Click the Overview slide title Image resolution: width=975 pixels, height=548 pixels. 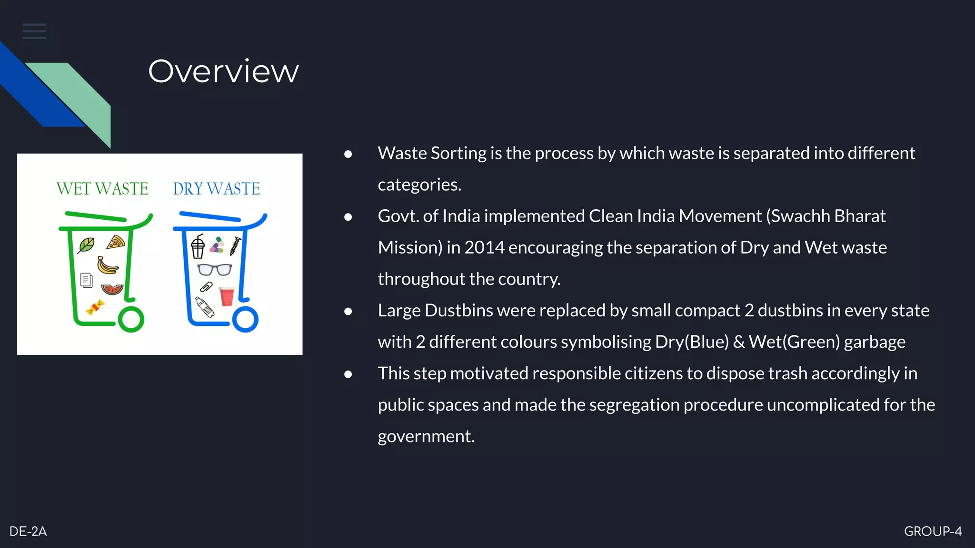click(223, 71)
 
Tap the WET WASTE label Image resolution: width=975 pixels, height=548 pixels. click(102, 189)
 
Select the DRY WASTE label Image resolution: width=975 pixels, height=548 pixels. click(216, 189)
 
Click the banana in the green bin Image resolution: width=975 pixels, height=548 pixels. click(108, 265)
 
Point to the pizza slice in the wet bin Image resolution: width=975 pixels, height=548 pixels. click(116, 243)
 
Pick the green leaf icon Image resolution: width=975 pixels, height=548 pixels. click(86, 245)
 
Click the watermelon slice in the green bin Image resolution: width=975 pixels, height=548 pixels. click(112, 289)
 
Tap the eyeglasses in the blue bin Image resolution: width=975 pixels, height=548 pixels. click(215, 270)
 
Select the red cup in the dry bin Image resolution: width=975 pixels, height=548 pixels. click(227, 296)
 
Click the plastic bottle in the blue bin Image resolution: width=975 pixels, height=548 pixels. click(205, 307)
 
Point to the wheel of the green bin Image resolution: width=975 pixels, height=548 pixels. click(131, 319)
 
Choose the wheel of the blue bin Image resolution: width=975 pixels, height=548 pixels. click(245, 319)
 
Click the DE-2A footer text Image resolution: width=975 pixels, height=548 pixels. click(28, 531)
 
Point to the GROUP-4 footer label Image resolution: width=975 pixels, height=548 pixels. click(933, 531)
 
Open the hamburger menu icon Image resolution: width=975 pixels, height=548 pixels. click(34, 31)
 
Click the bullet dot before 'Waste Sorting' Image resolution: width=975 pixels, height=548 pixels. click(348, 154)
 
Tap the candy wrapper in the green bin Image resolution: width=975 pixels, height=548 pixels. click(95, 308)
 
